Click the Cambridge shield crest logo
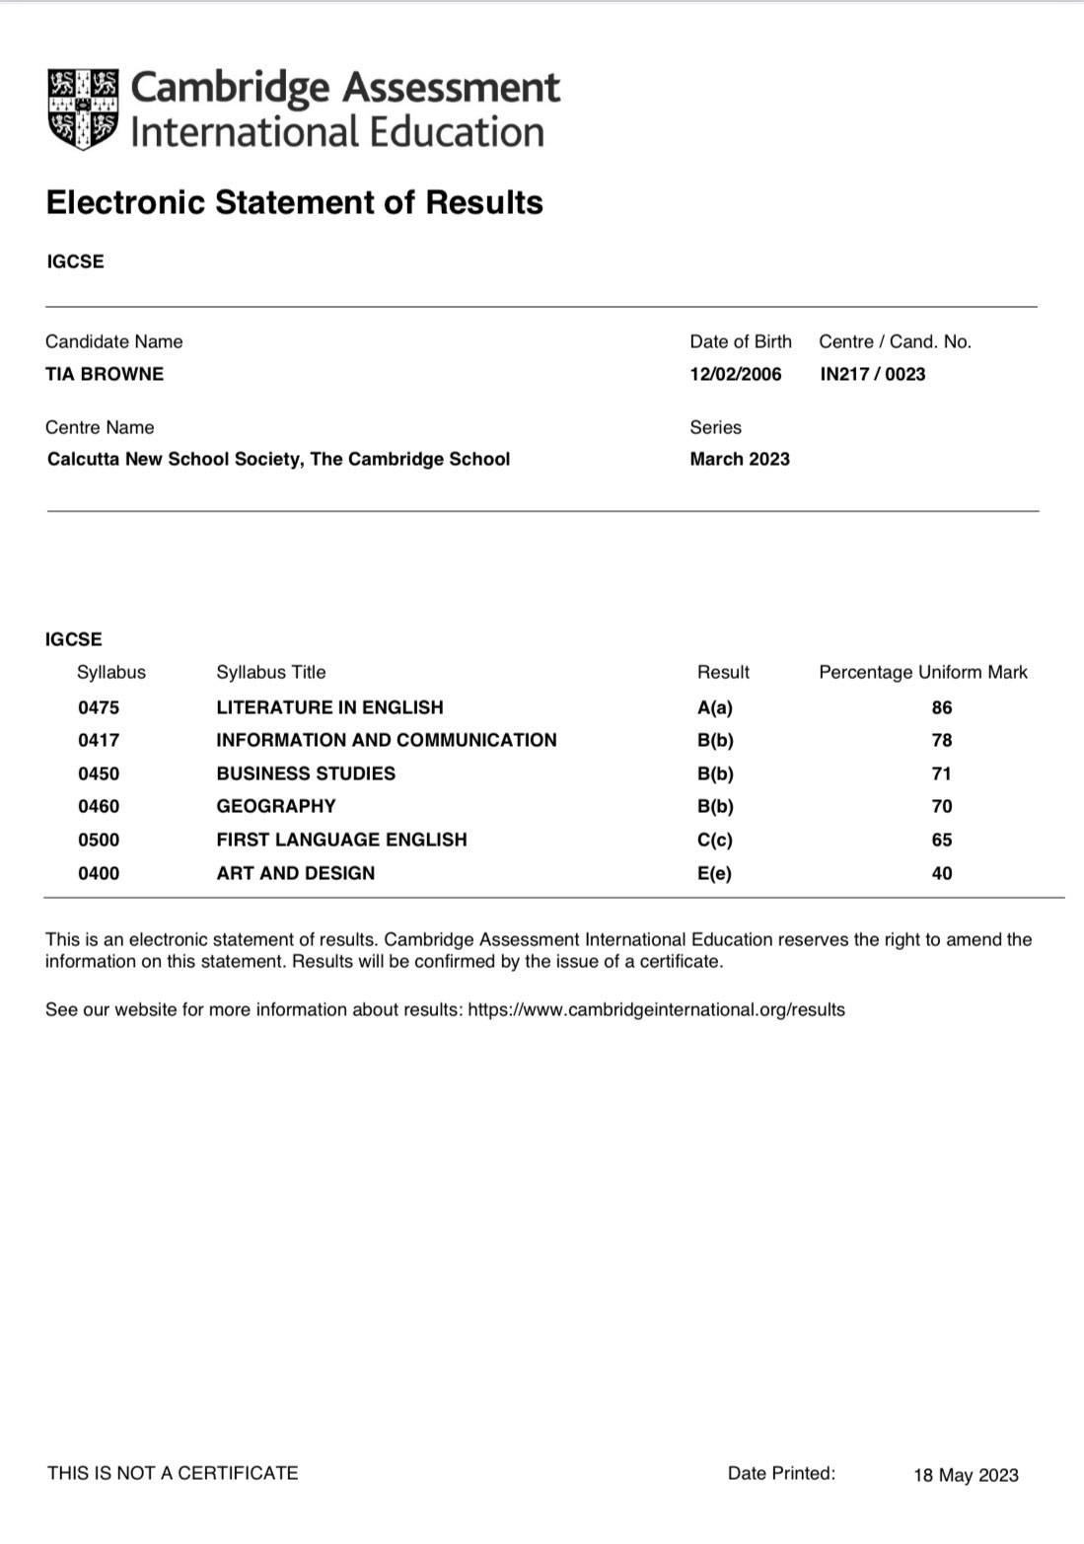point(83,110)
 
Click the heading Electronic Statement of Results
point(294,202)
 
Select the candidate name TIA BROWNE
point(105,374)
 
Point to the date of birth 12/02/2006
point(735,374)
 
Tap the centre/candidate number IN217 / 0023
point(872,374)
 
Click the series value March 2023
point(740,459)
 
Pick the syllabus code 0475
point(99,707)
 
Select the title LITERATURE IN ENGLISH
point(329,707)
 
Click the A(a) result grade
point(715,707)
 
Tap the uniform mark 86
point(942,707)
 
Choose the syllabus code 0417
point(99,740)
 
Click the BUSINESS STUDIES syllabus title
point(306,773)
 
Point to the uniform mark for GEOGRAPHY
point(942,806)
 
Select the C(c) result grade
point(715,840)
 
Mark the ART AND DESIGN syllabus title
point(296,873)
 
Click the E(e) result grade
point(715,873)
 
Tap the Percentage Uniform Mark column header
point(922,672)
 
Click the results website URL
point(656,1009)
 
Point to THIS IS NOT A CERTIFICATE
point(173,1473)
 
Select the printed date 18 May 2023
point(966,1475)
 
